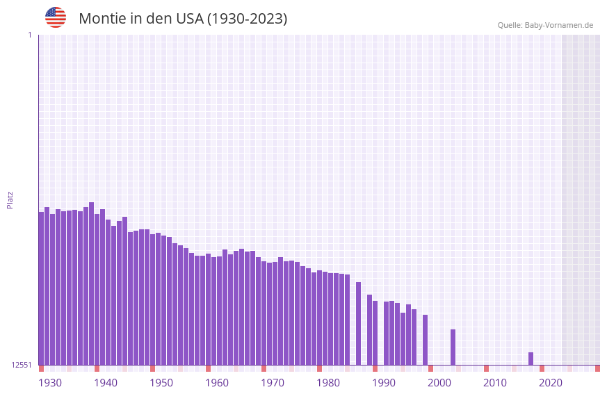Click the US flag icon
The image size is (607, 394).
coord(56,17)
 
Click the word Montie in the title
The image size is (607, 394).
coord(102,19)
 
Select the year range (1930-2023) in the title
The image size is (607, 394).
coord(247,19)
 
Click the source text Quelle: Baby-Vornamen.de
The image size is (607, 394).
coord(545,25)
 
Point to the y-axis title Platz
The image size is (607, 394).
coord(10,199)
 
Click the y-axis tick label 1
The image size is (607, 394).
coord(29,35)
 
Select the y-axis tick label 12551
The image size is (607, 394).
coord(21,365)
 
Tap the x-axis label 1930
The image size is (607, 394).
coord(50,382)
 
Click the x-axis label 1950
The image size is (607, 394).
coord(161,382)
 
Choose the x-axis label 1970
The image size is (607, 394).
coord(273,382)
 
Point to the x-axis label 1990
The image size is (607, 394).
coord(384,382)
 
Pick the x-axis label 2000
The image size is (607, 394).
coord(439,382)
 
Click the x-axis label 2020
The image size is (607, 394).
coord(551,382)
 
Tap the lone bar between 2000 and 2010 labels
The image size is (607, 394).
coord(453,347)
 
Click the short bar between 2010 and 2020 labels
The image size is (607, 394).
coord(531,359)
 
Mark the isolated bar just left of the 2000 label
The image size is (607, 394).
coord(425,340)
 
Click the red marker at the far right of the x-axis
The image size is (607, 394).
coord(597,368)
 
